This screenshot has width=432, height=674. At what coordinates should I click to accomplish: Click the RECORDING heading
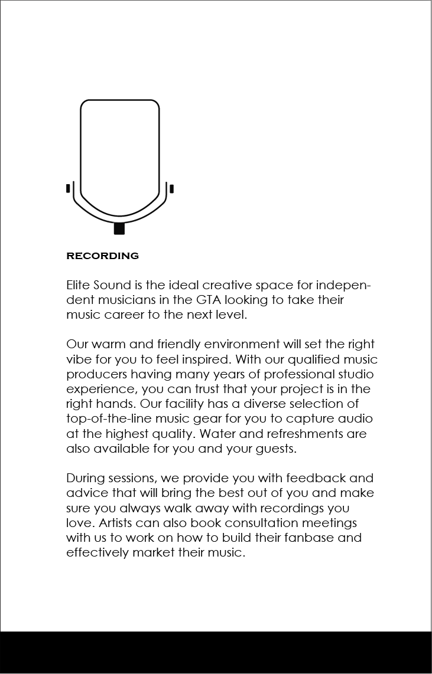coord(102,256)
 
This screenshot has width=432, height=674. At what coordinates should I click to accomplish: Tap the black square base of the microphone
coord(119,228)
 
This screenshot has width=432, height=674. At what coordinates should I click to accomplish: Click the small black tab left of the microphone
coord(68,189)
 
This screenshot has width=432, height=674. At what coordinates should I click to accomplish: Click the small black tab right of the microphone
coord(171,189)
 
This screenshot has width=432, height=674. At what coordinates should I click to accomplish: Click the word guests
coord(276,449)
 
